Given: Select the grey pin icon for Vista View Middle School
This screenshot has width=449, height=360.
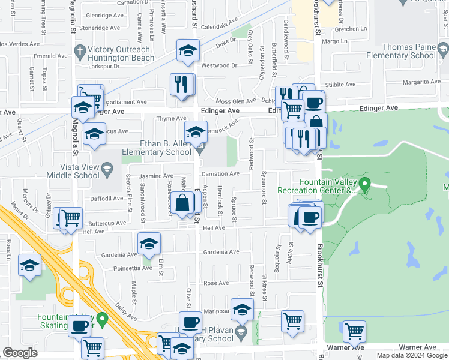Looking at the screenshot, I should pos(107,170).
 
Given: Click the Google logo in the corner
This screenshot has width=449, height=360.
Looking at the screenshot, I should pos(20,353).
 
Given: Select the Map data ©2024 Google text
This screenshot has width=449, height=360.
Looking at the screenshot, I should pos(412,355).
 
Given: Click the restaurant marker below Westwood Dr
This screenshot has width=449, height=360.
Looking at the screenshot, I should pos(182,85).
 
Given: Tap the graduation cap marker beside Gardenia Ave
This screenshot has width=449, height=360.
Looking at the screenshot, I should pos(149,244).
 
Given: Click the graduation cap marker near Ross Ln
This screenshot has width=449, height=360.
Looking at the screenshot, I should pos(29,266).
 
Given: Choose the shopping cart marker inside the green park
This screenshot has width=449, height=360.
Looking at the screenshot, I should pos(354,331).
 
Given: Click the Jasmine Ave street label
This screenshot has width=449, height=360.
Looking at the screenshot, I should pos(156,176).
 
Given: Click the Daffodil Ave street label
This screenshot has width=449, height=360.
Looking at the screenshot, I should pos(107,198).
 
